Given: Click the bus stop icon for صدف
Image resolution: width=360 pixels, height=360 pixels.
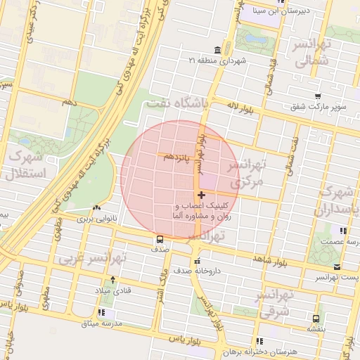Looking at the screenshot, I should coord(160,239).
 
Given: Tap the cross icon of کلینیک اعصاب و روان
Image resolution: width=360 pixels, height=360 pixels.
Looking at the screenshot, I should coord(202,195).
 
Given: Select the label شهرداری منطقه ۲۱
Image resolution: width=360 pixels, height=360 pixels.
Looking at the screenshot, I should coord(223,61).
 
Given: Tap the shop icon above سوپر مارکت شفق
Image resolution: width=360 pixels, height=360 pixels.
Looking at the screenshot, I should coord(319,96).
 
